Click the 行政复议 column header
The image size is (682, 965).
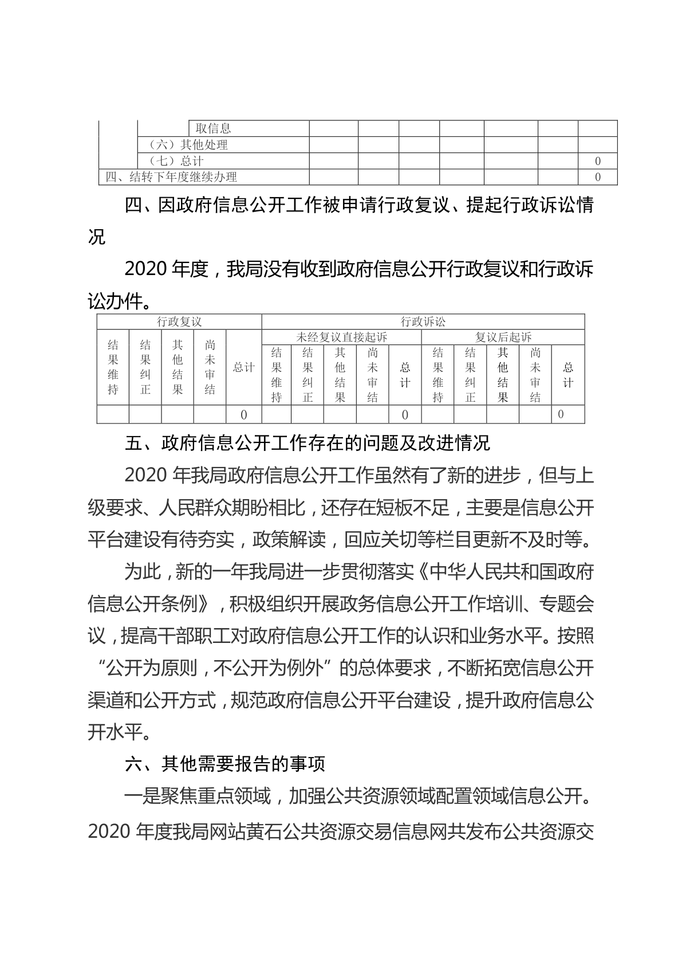coord(179,321)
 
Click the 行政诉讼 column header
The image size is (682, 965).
coord(423,321)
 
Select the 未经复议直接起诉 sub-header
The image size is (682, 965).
coord(341,337)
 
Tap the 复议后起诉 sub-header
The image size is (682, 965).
coord(503,337)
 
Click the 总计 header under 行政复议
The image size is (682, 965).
coord(243,367)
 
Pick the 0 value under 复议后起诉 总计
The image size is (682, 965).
coord(561,414)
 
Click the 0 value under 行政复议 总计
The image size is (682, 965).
coord(243,414)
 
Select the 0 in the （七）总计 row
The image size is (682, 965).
coord(598,161)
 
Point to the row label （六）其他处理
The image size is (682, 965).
coord(188,145)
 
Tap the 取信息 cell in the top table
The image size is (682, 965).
coord(213,129)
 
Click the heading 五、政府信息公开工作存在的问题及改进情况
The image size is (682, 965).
coord(307,443)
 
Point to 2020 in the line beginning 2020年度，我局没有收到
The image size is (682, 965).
coord(145,269)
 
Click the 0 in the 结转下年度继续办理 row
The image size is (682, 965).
coord(598,177)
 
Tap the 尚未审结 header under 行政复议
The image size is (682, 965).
coord(210,367)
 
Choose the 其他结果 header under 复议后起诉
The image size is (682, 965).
coord(503,375)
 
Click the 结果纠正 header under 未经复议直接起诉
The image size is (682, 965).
coord(308,375)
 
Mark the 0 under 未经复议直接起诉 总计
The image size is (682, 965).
coord(405,414)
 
